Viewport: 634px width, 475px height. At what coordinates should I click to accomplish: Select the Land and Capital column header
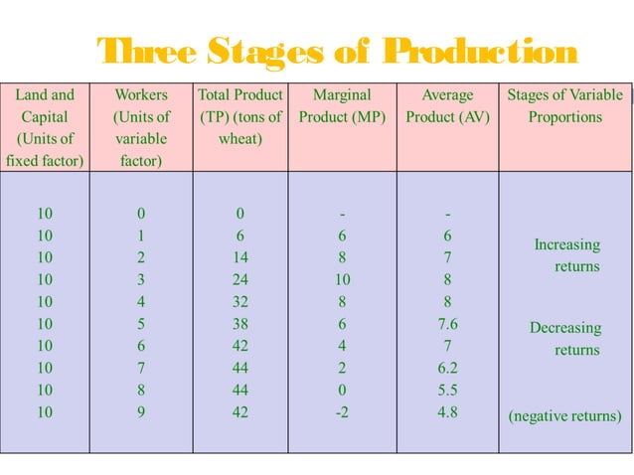pyautogui.click(x=45, y=127)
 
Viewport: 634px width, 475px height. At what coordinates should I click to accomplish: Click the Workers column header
pyautogui.click(x=141, y=127)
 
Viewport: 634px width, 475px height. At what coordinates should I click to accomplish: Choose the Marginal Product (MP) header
pyautogui.click(x=341, y=105)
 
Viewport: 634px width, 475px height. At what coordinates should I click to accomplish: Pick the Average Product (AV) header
pyautogui.click(x=447, y=105)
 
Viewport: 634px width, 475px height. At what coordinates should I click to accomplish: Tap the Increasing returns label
pyautogui.click(x=567, y=255)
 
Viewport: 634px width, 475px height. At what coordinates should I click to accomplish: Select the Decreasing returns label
pyautogui.click(x=565, y=339)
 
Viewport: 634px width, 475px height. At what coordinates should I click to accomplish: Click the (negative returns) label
pyautogui.click(x=564, y=416)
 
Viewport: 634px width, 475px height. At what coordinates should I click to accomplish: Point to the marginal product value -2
pyautogui.click(x=342, y=411)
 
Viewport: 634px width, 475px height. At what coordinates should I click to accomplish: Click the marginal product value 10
pyautogui.click(x=342, y=279)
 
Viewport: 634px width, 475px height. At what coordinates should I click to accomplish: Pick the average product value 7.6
pyautogui.click(x=447, y=323)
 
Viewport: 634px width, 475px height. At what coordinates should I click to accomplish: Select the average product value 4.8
pyautogui.click(x=447, y=411)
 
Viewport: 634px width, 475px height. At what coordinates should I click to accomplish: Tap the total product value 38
pyautogui.click(x=239, y=323)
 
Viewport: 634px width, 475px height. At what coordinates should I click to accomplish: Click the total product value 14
pyautogui.click(x=239, y=257)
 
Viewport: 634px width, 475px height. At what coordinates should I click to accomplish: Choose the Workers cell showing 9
pyautogui.click(x=141, y=411)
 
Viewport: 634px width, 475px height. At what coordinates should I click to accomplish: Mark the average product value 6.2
pyautogui.click(x=447, y=368)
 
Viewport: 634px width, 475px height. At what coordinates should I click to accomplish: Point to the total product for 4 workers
pyautogui.click(x=239, y=301)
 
